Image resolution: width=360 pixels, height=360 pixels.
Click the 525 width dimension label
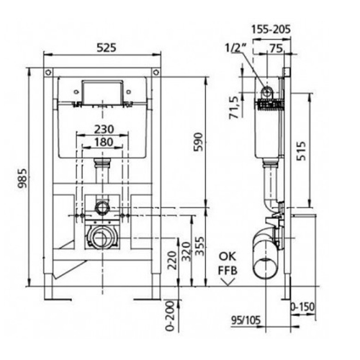[x=107, y=48]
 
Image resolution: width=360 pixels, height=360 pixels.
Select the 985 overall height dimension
[x=23, y=179]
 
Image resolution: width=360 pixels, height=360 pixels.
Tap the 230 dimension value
[x=104, y=130]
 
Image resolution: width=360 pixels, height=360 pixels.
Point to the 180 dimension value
[x=104, y=142]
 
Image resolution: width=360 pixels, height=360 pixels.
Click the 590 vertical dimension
[x=199, y=142]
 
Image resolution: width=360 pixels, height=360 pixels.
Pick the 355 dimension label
[x=199, y=246]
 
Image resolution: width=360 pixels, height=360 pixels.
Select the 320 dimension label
[x=186, y=251]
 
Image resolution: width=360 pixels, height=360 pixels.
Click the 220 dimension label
[x=172, y=261]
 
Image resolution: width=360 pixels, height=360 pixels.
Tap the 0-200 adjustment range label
[x=170, y=316]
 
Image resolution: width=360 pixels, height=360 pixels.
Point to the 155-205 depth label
[x=271, y=30]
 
